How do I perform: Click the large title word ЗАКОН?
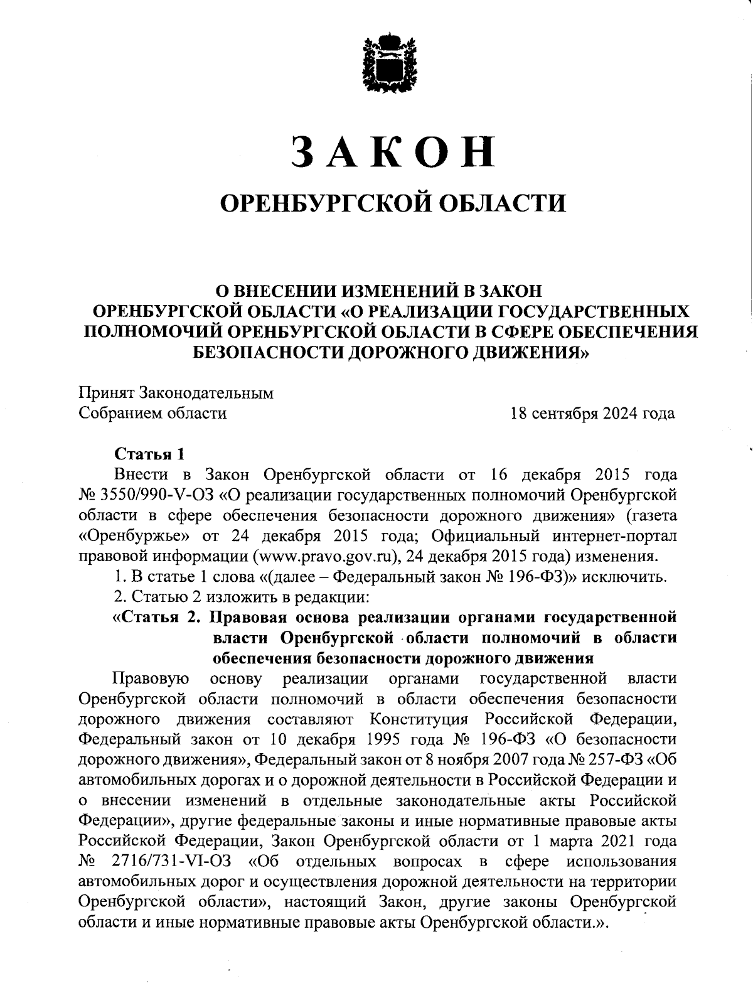click(394, 152)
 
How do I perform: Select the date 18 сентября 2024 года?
click(593, 414)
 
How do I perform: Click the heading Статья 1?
click(149, 454)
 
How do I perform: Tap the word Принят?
click(104, 394)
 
